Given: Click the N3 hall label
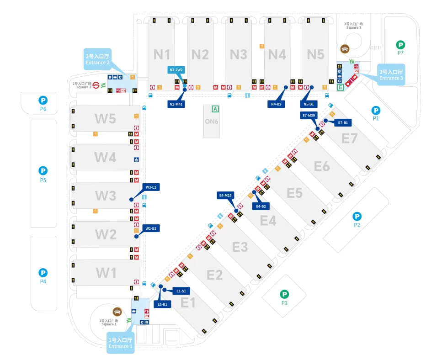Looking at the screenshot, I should point(238,54).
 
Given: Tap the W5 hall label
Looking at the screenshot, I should point(105,118).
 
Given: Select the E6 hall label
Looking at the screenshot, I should point(321,166).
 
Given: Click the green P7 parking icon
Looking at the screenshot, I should point(400,45).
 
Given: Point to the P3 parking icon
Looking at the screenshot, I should point(284,294).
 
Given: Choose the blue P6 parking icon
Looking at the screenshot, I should point(43,100).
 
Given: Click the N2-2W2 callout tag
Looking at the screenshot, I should point(176,70).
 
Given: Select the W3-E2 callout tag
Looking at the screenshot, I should point(152,187).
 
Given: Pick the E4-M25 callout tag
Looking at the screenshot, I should point(226,196).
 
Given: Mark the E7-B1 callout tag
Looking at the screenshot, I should point(342,122).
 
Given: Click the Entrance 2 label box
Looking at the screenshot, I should point(97,59).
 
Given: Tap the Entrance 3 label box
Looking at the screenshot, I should point(391,75).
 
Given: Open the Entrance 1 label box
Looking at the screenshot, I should point(120,343).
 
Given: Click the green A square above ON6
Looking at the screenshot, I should point(215,109).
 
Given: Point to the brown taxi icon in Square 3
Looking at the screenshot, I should point(345,48).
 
